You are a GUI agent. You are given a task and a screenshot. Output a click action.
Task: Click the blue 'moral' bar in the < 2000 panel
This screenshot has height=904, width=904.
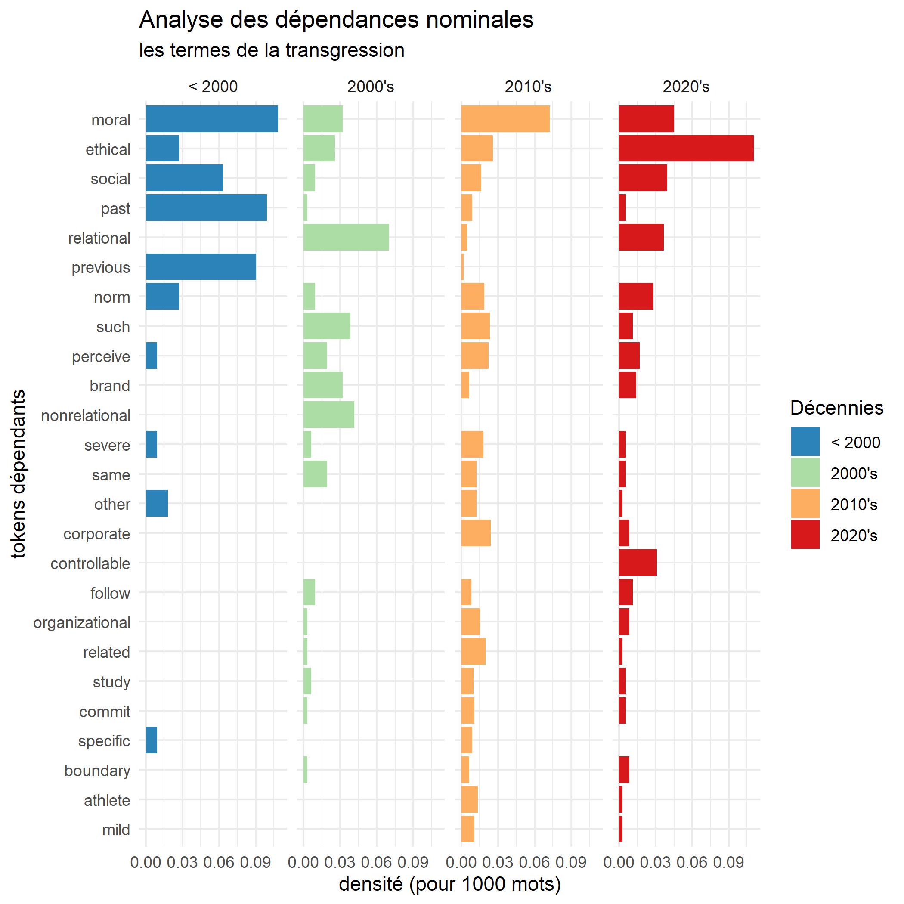pos(211,119)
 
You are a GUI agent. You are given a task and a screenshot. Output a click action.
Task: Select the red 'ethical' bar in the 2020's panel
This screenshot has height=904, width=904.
pos(686,149)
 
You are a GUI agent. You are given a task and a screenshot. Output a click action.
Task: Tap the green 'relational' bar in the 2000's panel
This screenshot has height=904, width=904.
pos(346,237)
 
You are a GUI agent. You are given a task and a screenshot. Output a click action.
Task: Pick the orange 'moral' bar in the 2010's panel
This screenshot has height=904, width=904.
pos(505,119)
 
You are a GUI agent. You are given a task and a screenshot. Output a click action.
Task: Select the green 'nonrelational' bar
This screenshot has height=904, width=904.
pos(328,415)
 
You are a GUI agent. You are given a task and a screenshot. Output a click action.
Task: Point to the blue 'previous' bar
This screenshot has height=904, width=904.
pos(201,267)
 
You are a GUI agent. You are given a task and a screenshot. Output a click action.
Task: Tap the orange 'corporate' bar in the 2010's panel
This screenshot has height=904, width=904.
pos(476,533)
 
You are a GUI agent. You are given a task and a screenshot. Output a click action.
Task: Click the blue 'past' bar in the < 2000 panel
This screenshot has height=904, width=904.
pos(206,207)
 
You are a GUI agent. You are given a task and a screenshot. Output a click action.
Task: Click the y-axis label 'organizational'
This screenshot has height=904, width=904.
pos(82,622)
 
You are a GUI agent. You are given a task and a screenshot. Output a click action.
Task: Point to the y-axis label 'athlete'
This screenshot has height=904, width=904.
pos(107,800)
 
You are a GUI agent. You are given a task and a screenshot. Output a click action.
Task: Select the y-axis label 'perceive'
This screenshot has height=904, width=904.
pos(101,356)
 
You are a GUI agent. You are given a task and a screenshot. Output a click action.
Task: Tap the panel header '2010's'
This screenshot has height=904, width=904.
pos(528,87)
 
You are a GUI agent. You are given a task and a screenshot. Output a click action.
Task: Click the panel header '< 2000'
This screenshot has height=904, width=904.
pos(213,87)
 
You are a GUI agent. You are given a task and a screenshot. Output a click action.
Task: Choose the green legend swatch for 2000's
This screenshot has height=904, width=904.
pos(805,473)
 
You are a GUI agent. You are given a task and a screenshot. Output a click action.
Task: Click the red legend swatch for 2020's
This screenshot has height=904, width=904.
pos(805,534)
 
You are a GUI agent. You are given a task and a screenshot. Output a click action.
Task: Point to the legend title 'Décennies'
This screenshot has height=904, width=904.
pos(836,408)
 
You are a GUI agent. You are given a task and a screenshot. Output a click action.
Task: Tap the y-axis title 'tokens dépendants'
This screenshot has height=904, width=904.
pos(19,474)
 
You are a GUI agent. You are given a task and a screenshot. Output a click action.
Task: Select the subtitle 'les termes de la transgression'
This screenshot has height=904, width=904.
pos(271,50)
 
